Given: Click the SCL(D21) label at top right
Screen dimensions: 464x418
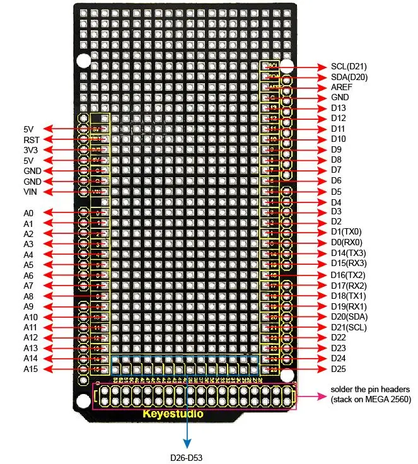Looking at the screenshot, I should click(349, 66).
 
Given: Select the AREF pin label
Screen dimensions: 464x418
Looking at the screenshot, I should click(342, 87).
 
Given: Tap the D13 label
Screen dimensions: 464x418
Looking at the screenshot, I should click(339, 108).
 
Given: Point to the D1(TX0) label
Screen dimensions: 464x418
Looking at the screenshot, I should click(345, 232).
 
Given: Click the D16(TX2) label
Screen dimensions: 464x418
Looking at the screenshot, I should click(348, 275).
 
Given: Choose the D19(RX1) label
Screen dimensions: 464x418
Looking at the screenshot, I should click(348, 306).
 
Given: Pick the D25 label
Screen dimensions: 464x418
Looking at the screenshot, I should click(339, 369).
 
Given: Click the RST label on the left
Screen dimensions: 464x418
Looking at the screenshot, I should click(32, 140).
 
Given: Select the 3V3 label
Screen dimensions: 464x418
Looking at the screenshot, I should click(32, 150).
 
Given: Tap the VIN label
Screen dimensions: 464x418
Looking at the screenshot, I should click(31, 192).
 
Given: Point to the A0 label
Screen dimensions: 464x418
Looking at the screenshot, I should click(28, 213).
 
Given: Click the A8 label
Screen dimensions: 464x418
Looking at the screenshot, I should click(28, 296).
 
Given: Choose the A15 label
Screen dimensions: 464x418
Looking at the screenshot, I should click(30, 369).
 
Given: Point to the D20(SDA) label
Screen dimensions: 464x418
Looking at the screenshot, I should click(348, 316).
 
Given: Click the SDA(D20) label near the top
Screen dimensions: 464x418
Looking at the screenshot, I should click(349, 77).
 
